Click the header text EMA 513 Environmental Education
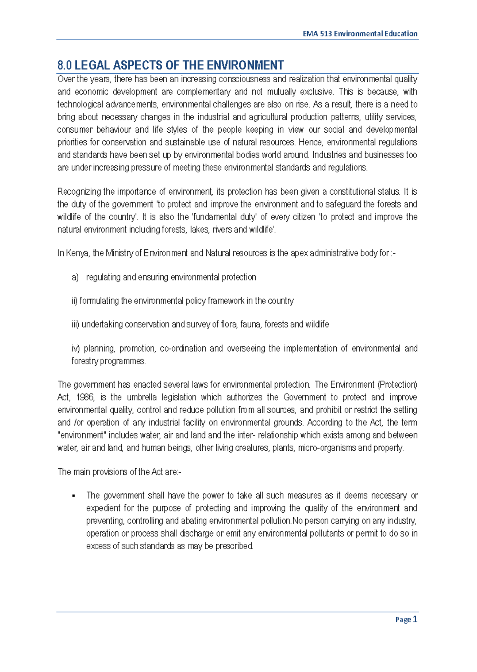tap(360, 34)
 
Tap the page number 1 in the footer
tap(415, 619)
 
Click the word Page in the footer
tap(403, 620)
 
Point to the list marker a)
tap(75, 277)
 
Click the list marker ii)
tap(74, 301)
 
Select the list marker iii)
tap(76, 324)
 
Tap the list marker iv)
tap(76, 348)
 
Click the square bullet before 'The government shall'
tap(74, 496)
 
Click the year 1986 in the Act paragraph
tap(85, 397)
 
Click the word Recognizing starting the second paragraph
tap(79, 192)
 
